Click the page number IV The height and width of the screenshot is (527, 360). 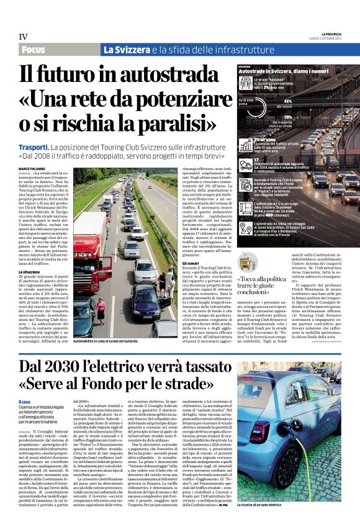point(23,37)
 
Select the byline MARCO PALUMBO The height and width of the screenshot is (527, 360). point(33,168)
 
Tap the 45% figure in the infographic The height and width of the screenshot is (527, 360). point(287,101)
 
